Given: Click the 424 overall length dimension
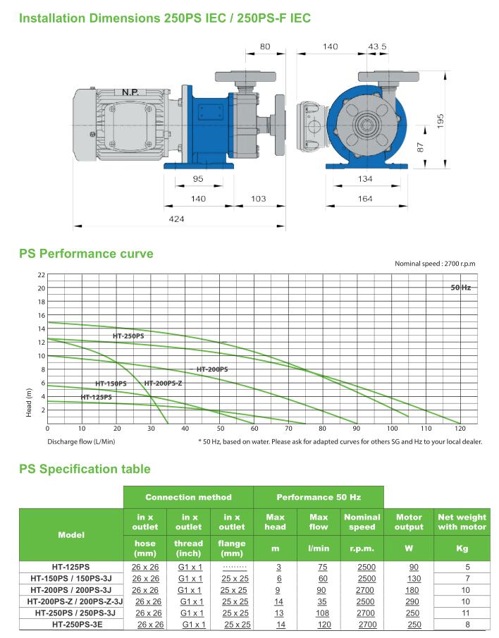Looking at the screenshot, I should pyautogui.click(x=176, y=219).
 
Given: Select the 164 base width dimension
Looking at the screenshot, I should pyautogui.click(x=364, y=199).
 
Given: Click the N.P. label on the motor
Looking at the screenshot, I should pyautogui.click(x=130, y=92).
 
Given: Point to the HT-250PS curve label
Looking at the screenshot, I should pyautogui.click(x=128, y=336).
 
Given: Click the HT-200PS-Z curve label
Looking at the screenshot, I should pyautogui.click(x=163, y=383).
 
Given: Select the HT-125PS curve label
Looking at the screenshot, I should pyautogui.click(x=96, y=398).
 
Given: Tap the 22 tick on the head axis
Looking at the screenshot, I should pyautogui.click(x=41, y=275).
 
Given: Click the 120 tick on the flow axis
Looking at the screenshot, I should pyautogui.click(x=460, y=429).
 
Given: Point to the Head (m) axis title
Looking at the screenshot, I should pyautogui.click(x=29, y=403).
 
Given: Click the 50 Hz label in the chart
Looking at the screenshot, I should pyautogui.click(x=460, y=288).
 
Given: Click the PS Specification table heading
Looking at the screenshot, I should pyautogui.click(x=85, y=469).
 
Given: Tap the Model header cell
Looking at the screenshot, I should pyautogui.click(x=70, y=534).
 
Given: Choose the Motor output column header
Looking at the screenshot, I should pyautogui.click(x=409, y=522).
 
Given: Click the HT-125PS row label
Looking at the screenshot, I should pyautogui.click(x=70, y=567).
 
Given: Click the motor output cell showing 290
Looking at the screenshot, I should pyautogui.click(x=409, y=601).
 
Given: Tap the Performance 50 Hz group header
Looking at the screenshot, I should pyautogui.click(x=318, y=497).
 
